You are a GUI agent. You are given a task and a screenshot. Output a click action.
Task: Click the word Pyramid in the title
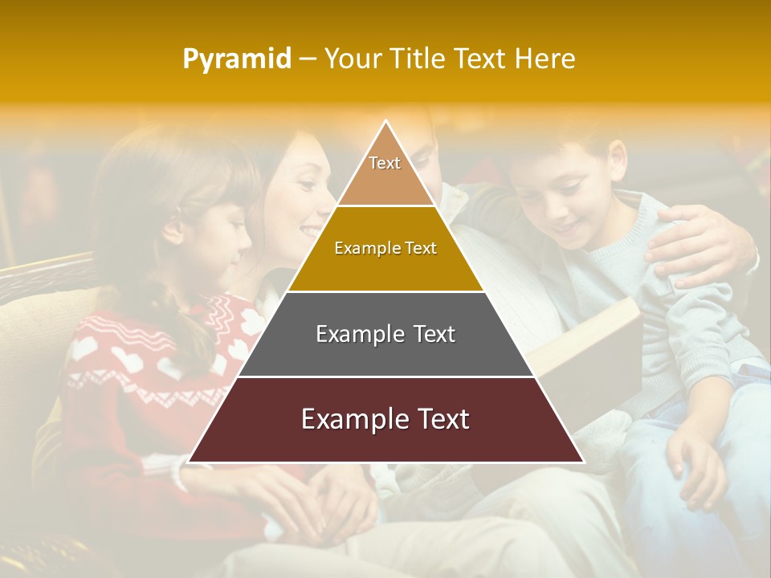click(x=236, y=59)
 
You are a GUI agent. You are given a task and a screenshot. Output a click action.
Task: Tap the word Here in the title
click(x=545, y=59)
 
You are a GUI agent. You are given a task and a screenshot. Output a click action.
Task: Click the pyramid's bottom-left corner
click(x=190, y=462)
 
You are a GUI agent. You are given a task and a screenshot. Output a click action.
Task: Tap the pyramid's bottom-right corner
click(x=582, y=462)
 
